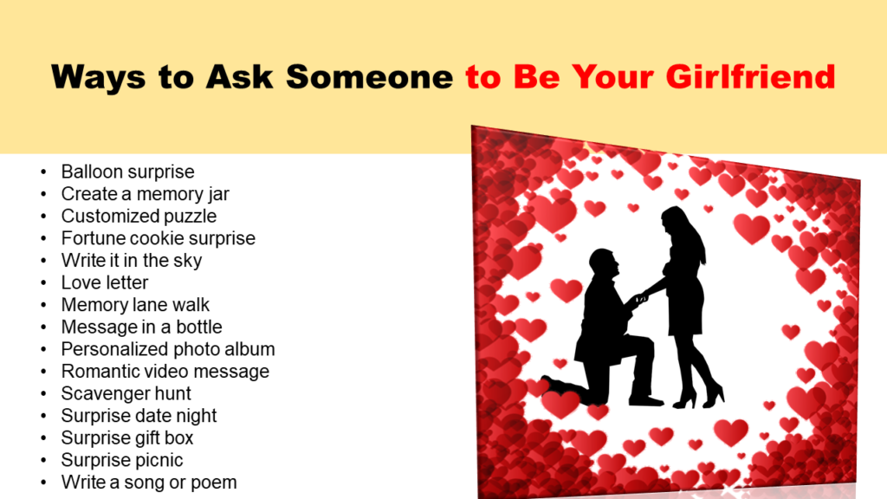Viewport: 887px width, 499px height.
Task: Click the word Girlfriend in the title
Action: [750, 77]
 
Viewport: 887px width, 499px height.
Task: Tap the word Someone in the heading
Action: [369, 77]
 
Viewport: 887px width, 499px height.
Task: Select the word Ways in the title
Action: [98, 78]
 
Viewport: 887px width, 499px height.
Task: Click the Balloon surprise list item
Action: [128, 172]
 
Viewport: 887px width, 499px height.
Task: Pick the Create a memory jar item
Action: [146, 194]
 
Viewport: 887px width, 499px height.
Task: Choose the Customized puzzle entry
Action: [139, 216]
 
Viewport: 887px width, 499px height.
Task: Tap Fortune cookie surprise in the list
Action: [159, 238]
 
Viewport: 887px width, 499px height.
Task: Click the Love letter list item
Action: [105, 282]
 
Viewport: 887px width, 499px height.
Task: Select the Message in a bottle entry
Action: [141, 327]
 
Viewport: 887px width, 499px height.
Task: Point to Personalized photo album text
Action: [168, 349]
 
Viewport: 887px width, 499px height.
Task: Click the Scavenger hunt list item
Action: [126, 393]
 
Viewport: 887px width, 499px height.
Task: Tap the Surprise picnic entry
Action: [122, 460]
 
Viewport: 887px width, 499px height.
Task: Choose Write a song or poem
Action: [149, 482]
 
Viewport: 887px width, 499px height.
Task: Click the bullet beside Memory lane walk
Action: [43, 305]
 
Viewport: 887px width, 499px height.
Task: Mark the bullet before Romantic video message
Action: [43, 372]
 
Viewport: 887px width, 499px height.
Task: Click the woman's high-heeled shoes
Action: [699, 397]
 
